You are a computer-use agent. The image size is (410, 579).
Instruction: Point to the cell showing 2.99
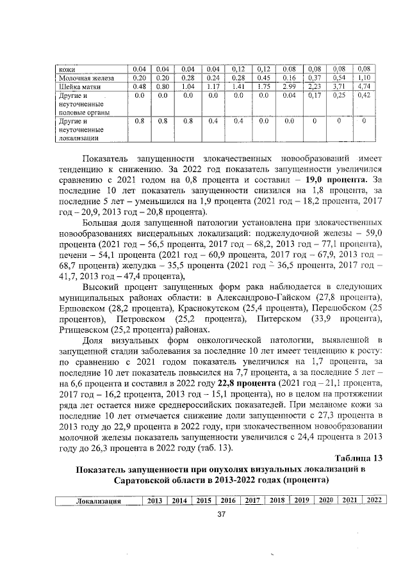coord(288,86)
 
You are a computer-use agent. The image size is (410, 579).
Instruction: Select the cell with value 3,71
coord(338,86)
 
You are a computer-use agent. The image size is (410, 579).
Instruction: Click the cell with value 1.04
coord(188,86)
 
